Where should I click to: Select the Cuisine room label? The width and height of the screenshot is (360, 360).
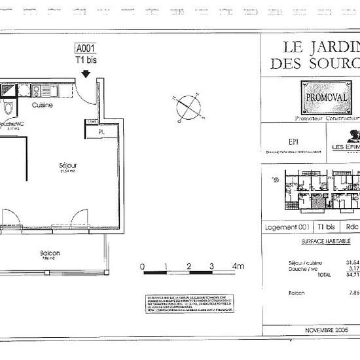(x=43, y=105)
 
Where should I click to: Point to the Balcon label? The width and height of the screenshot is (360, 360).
(x=50, y=253)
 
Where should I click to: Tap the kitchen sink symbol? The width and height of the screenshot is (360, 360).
(x=38, y=90)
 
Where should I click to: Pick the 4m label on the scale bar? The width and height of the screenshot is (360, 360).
(x=238, y=266)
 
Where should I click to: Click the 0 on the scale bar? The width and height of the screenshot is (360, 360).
(x=143, y=266)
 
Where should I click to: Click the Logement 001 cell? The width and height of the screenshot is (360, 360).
(x=287, y=226)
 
